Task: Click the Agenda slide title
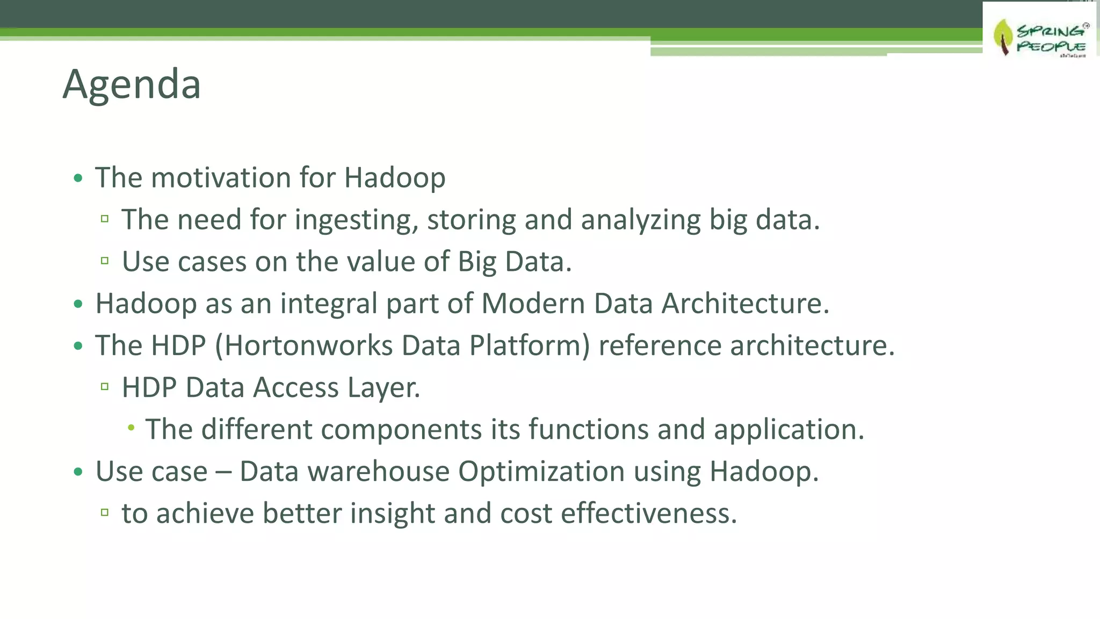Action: (x=132, y=84)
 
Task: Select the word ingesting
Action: (x=356, y=220)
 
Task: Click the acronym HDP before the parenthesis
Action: (x=178, y=346)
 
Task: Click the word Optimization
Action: (x=541, y=471)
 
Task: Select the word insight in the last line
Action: (x=392, y=513)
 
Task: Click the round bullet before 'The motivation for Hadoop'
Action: (x=78, y=178)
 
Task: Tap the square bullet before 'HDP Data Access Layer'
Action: (x=105, y=387)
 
